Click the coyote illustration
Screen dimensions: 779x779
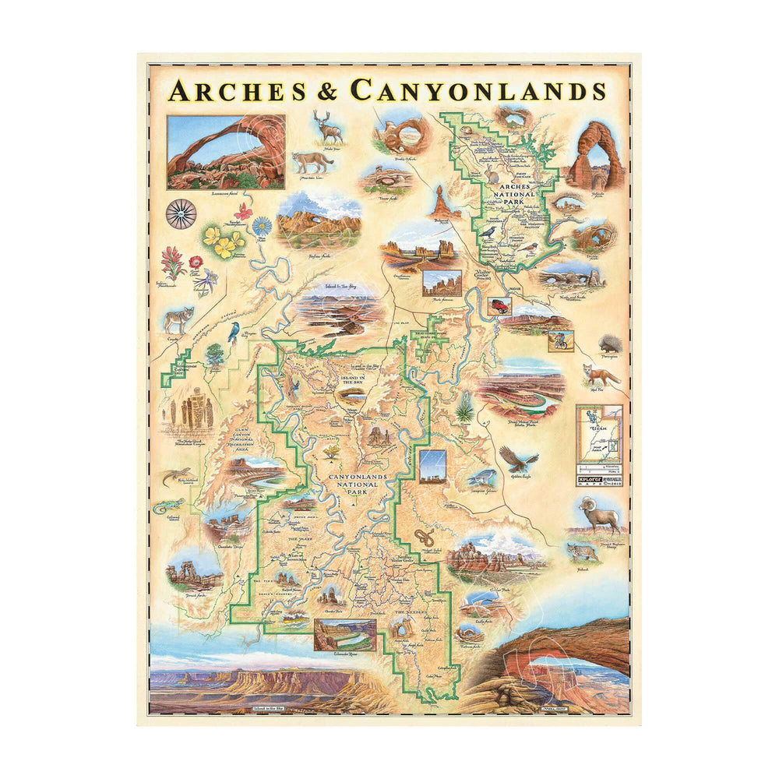(x=180, y=318)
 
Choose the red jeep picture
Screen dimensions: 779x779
(x=499, y=306)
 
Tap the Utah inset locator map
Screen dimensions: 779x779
(x=597, y=436)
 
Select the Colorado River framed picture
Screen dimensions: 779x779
(x=344, y=635)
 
